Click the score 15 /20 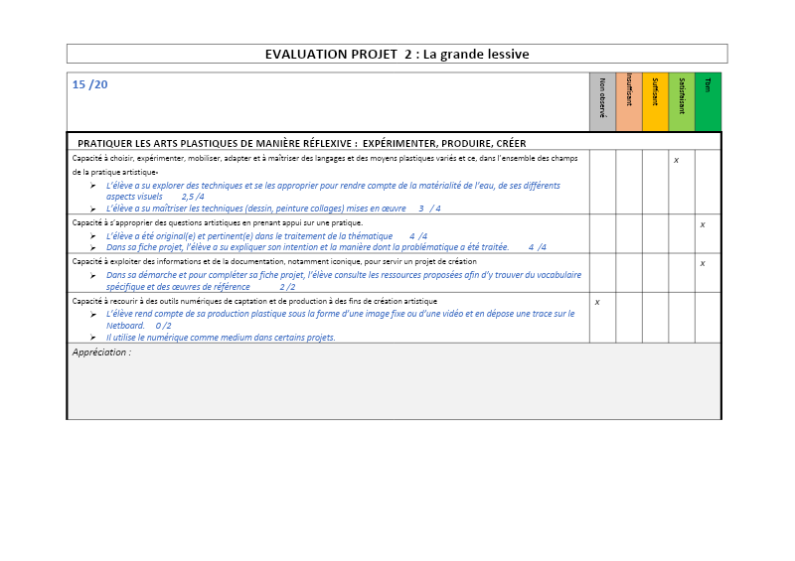pos(90,84)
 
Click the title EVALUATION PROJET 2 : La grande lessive pos(397,54)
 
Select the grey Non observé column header pos(602,101)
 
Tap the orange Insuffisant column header pos(629,101)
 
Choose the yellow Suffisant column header pos(655,101)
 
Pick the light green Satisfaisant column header pos(682,101)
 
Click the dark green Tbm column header pos(708,101)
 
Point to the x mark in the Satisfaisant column pos(676,160)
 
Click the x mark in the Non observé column pos(596,301)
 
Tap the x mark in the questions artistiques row pos(703,224)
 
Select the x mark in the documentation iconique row pos(703,263)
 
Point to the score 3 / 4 pos(429,209)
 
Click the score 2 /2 pos(287,286)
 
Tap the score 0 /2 pos(163,325)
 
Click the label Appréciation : pos(101,352)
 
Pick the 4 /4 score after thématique pos(417,236)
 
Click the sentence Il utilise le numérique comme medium pos(221,337)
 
